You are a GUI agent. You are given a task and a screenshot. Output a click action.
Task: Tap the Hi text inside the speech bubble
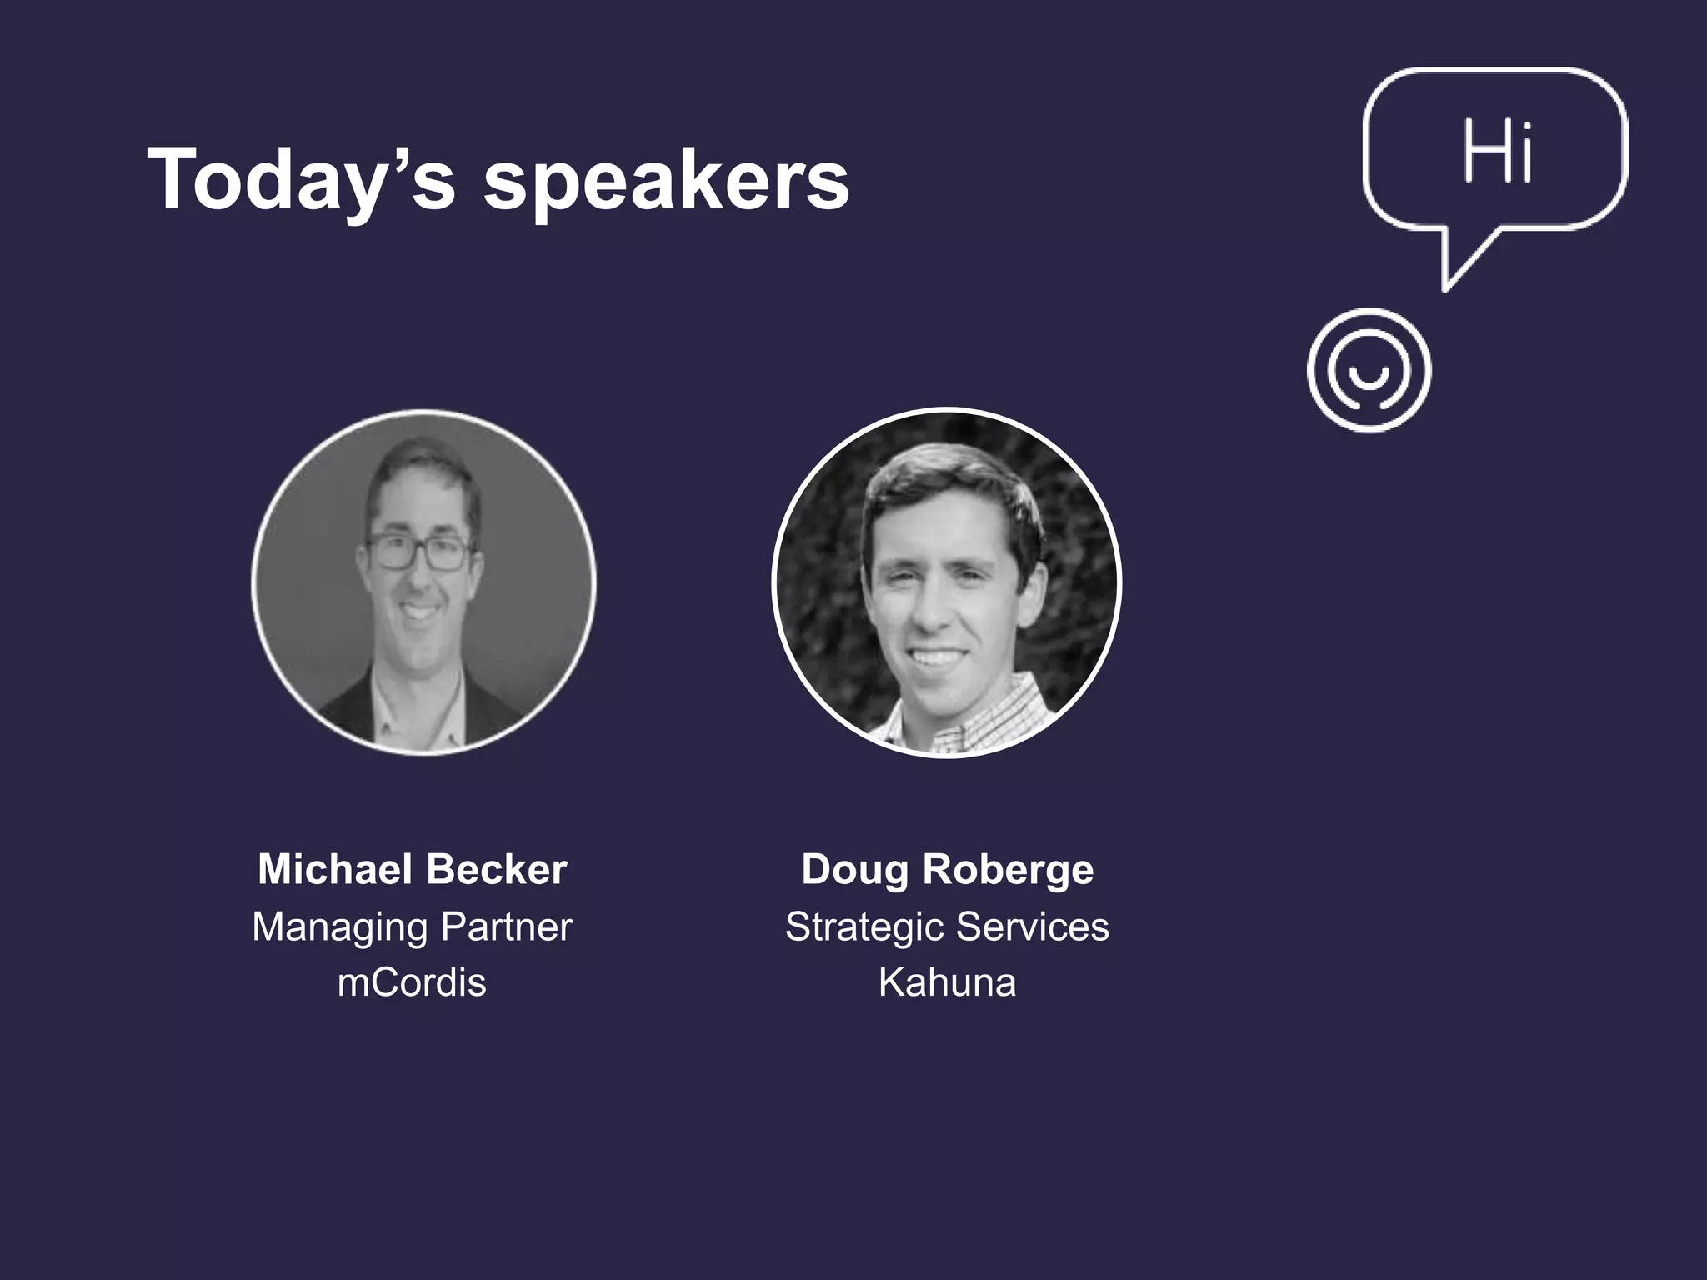pyautogui.click(x=1498, y=152)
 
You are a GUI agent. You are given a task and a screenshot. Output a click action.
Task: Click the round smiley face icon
pyautogui.click(x=1369, y=371)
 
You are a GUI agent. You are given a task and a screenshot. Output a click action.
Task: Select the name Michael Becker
pyautogui.click(x=412, y=869)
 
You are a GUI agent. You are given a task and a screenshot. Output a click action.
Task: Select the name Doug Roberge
pyautogui.click(x=947, y=869)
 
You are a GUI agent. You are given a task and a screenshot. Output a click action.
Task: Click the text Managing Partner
pyautogui.click(x=412, y=927)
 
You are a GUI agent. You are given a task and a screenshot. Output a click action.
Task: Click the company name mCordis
pyautogui.click(x=412, y=982)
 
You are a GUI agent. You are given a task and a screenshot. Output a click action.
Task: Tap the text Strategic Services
pyautogui.click(x=947, y=927)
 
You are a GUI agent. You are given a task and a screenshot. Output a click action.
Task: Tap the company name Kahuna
pyautogui.click(x=947, y=982)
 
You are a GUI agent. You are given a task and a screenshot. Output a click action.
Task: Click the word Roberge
pyautogui.click(x=1008, y=869)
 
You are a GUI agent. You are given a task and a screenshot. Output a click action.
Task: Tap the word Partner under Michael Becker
pyautogui.click(x=506, y=927)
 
